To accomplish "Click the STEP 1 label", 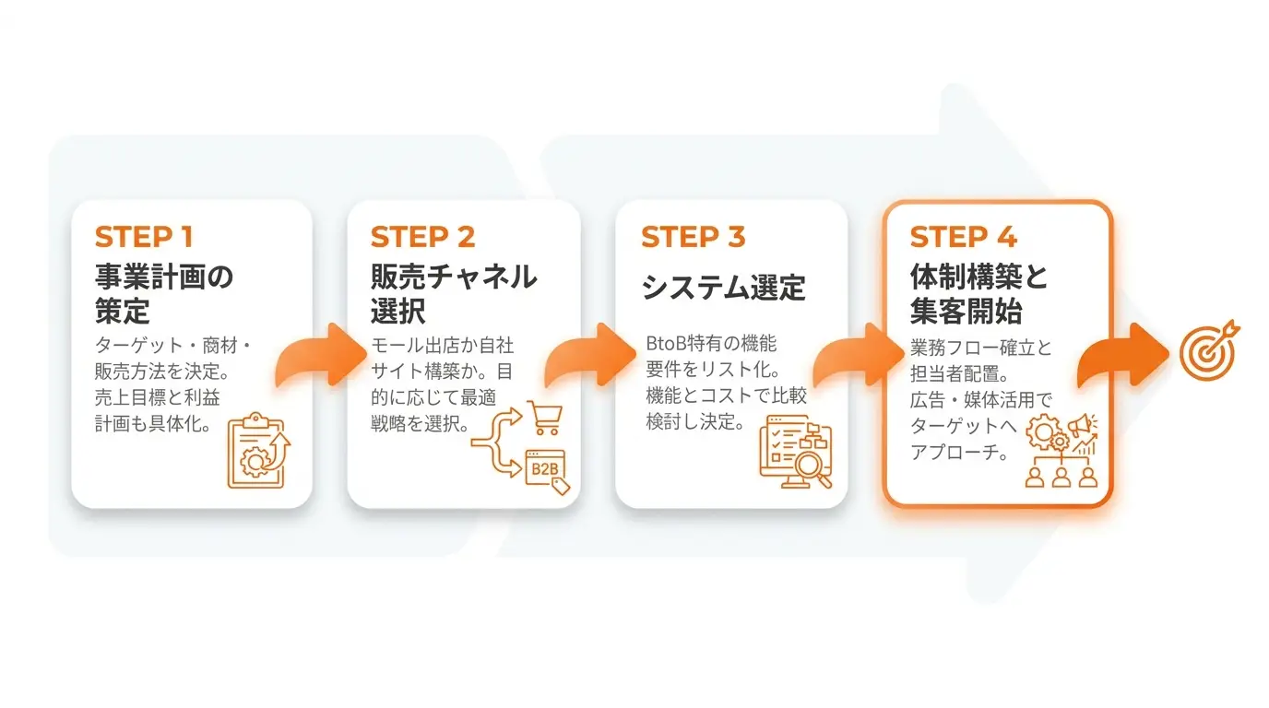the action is (x=144, y=237).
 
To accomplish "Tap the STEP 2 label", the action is (x=422, y=237).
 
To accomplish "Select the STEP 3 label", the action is (x=693, y=237).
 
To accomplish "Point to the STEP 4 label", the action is (x=963, y=237).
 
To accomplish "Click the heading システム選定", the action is (x=723, y=288).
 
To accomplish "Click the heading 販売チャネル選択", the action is (x=453, y=293).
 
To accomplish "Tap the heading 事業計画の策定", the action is (x=164, y=293).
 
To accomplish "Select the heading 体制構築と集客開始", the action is (x=978, y=293).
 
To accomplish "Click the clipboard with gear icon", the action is (x=258, y=450).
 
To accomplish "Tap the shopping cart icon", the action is (x=545, y=418).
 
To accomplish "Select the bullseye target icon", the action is (x=1209, y=351).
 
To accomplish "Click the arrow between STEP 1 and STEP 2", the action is (x=321, y=355).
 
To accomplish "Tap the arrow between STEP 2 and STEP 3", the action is (x=589, y=355).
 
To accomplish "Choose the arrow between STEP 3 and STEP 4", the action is (x=859, y=355).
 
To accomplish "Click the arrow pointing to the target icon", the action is (x=1123, y=355).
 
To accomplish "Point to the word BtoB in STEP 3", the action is (x=666, y=343).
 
